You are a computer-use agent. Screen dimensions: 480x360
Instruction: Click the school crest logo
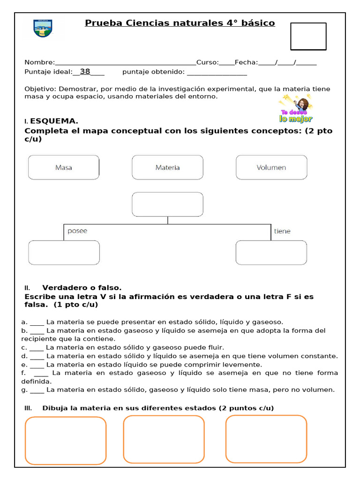tap(43, 29)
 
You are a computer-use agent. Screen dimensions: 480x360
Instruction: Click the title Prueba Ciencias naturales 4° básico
tap(180, 23)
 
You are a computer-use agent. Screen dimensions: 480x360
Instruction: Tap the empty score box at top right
tap(308, 36)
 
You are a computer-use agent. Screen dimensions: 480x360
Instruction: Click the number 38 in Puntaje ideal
tap(85, 72)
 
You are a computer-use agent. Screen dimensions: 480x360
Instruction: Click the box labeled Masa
tap(64, 167)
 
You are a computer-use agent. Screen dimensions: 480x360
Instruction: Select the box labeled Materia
tap(167, 167)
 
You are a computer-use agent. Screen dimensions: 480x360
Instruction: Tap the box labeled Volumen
tap(271, 167)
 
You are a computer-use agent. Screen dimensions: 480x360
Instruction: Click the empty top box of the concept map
tap(167, 204)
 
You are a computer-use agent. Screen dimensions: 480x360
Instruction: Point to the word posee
tap(77, 231)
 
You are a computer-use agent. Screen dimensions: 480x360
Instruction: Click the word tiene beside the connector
tap(282, 231)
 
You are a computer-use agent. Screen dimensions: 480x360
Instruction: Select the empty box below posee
tap(64, 253)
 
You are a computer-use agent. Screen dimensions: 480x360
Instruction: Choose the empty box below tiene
tap(271, 253)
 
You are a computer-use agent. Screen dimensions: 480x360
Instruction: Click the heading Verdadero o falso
tap(82, 287)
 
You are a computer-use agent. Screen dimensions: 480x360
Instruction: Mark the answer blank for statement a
tap(37, 322)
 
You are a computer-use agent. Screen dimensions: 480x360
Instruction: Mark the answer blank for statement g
tap(37, 390)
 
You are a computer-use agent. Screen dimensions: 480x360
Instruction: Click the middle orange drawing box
tap(164, 439)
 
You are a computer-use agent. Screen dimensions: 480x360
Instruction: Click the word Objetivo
tap(40, 89)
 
